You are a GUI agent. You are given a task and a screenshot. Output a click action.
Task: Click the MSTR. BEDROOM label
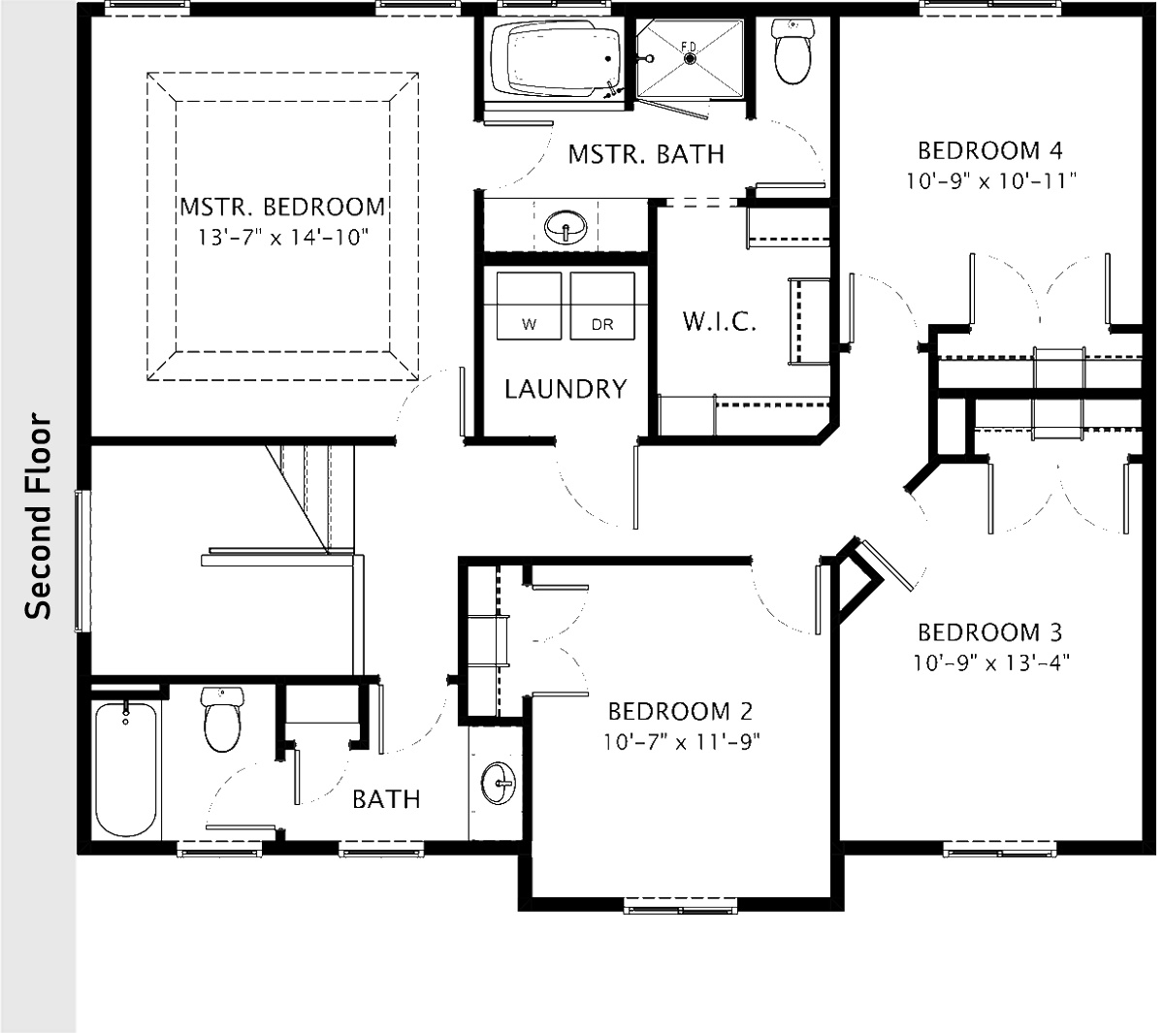coord(282,208)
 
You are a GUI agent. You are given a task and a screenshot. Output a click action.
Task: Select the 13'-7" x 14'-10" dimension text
coord(282,238)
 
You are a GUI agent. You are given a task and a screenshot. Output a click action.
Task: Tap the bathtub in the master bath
coord(556,60)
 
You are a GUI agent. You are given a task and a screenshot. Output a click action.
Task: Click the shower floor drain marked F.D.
coord(690,57)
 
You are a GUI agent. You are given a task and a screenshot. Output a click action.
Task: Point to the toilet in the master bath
coord(794,54)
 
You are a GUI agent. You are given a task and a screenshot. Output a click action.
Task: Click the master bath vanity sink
coord(566,228)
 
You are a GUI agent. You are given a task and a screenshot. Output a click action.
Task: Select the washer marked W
coord(529,306)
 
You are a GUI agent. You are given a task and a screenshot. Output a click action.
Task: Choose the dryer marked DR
coord(601,306)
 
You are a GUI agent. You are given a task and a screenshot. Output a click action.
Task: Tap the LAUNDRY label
coord(566,390)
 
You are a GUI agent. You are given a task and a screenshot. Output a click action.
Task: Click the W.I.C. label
coord(719,322)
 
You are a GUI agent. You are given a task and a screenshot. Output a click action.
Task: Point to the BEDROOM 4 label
coord(990,150)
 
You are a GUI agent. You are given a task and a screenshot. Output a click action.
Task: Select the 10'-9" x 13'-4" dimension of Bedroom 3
coord(990,663)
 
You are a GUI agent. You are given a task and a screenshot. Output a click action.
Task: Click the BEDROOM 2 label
coord(680,711)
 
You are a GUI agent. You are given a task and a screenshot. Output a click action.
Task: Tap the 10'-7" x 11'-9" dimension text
coord(680,742)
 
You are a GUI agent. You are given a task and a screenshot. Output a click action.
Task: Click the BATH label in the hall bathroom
coord(386,799)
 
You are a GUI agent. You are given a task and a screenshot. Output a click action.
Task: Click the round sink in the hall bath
coord(500,782)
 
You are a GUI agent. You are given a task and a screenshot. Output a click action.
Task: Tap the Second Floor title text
coord(38,517)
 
